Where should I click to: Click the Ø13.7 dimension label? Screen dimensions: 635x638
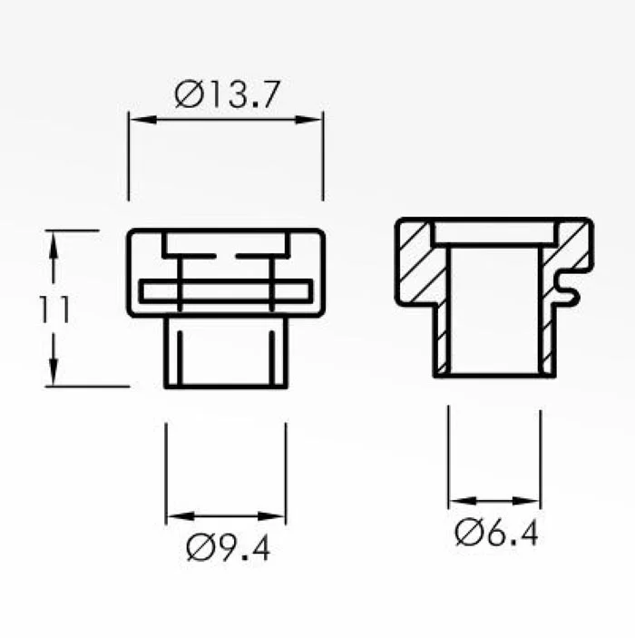click(228, 94)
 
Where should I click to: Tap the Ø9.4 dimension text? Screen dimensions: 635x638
click(229, 547)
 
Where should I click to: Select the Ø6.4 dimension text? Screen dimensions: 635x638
click(497, 533)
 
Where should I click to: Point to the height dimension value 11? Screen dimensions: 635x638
click(54, 309)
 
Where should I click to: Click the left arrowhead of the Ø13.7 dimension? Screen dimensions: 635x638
click(142, 120)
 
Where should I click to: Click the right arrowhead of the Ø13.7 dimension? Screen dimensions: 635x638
click(308, 120)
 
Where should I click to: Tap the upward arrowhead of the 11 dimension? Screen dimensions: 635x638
click(54, 245)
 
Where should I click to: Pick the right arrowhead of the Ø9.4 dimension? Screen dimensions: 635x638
click(271, 516)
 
